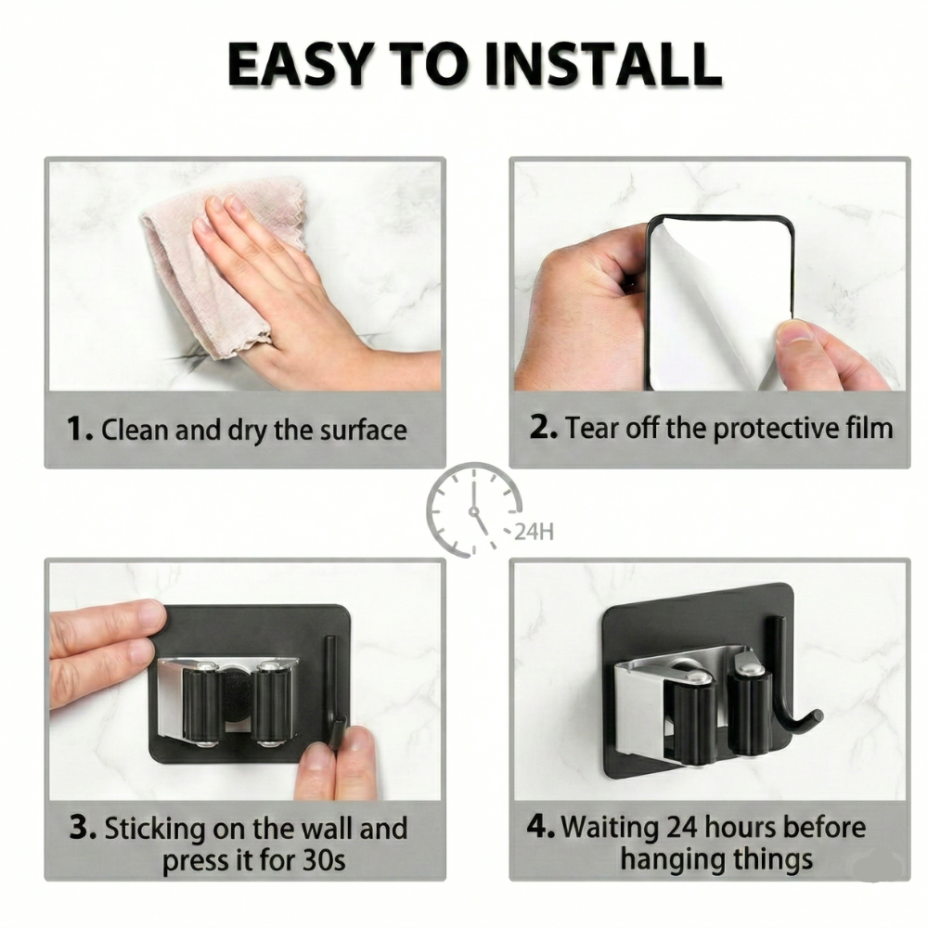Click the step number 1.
(x=79, y=428)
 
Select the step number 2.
(x=543, y=427)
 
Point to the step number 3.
(x=83, y=827)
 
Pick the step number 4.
(x=540, y=826)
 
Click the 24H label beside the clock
(x=534, y=532)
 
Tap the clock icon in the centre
(x=473, y=509)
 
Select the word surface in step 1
(x=364, y=431)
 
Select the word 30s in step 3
(x=324, y=860)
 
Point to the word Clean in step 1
(x=135, y=430)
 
